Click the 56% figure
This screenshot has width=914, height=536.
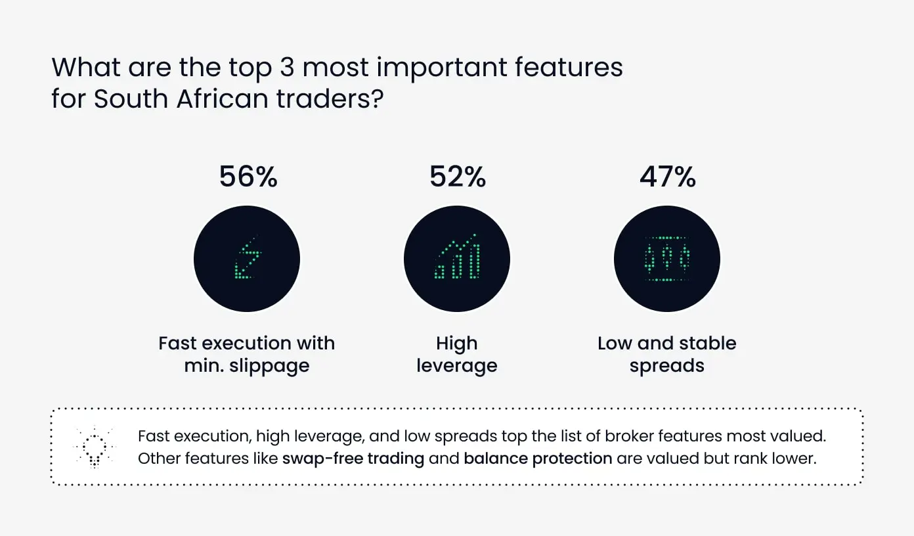coord(248,177)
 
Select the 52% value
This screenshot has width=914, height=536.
coord(458,177)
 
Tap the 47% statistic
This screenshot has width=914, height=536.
coord(668,177)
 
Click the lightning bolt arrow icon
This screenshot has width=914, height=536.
coord(248,258)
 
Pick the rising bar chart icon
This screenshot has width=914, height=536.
coord(457,256)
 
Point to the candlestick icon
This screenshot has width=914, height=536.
coord(667,259)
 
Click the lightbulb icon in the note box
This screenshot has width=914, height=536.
coord(95,447)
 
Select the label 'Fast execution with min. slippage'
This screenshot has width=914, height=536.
coord(246,354)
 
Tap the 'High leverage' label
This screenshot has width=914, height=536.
coord(456,354)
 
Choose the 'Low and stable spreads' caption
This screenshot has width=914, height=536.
coord(666,354)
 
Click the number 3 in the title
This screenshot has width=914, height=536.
coord(287,67)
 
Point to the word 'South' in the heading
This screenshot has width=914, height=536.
coord(131,99)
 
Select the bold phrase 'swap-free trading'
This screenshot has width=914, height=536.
coord(353,458)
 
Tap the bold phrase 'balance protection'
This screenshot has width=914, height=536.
coord(538,458)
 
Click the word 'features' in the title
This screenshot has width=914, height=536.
coord(569,67)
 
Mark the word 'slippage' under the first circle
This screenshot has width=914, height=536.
coord(269,366)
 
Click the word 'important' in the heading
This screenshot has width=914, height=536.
coord(441,68)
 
